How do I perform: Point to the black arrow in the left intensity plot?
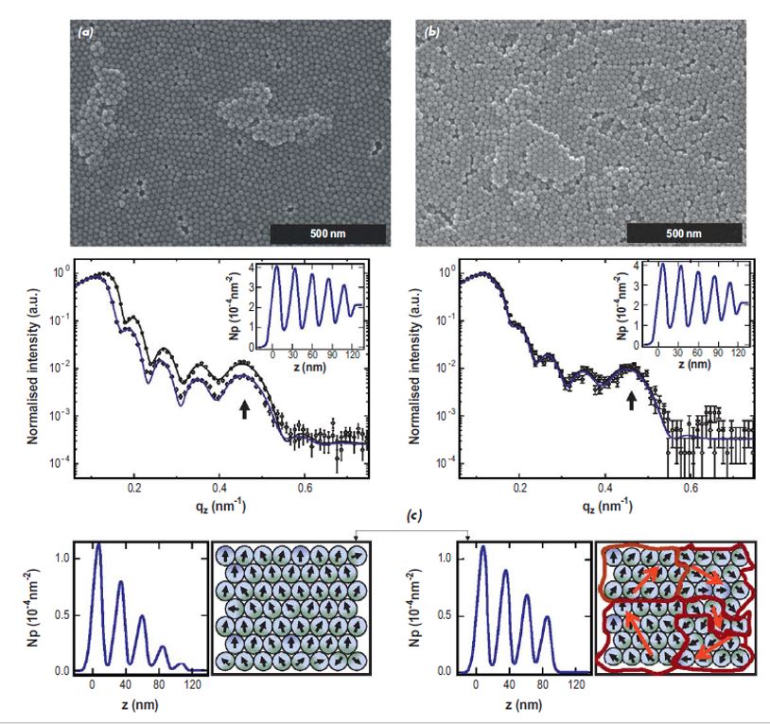tap(246, 408)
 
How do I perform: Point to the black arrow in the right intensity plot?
tap(631, 401)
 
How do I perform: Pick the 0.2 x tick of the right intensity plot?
tap(518, 488)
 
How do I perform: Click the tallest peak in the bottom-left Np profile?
tap(97, 543)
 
